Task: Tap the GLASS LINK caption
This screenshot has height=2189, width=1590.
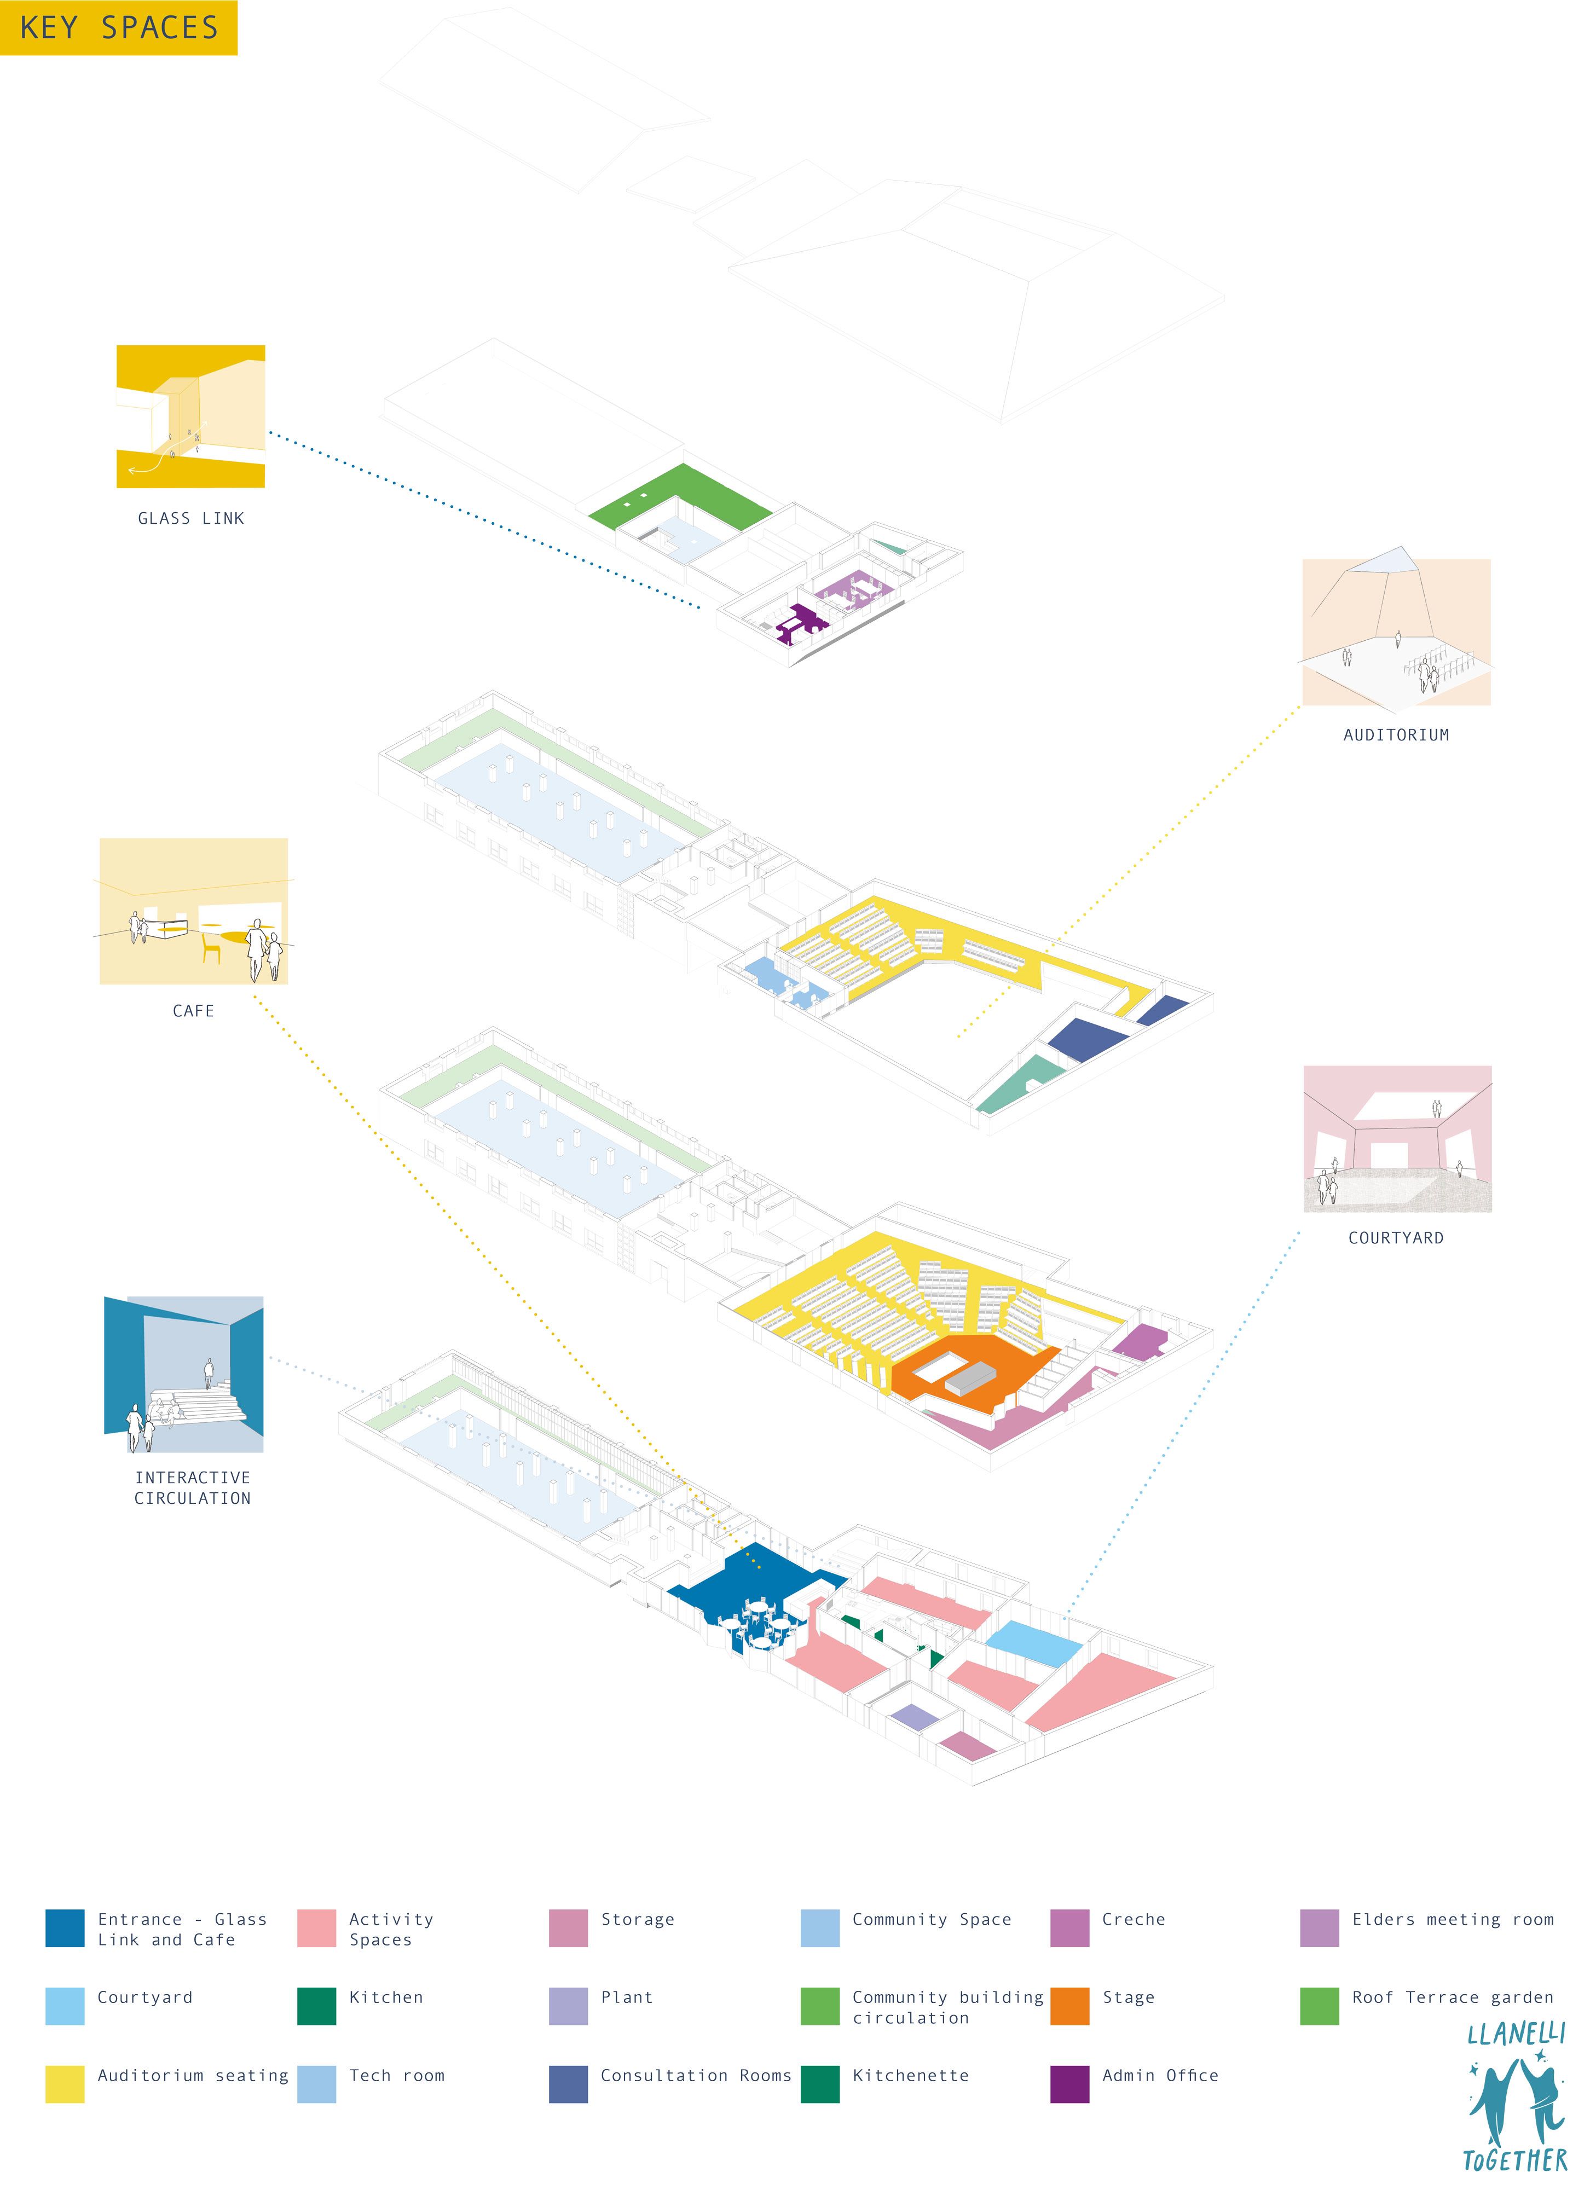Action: (191, 518)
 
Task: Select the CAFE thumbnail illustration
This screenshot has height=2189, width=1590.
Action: (193, 911)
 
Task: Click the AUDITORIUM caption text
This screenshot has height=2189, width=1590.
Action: (1396, 734)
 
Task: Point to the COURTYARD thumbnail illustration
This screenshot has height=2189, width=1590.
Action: (1397, 1139)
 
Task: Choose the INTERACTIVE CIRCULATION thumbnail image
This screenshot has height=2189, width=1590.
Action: (183, 1374)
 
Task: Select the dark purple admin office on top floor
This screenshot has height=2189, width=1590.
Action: (799, 623)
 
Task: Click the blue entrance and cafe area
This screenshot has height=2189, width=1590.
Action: (748, 1592)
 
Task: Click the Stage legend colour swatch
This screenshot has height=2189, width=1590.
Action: (1069, 2007)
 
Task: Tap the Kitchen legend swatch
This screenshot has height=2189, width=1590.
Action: (317, 2007)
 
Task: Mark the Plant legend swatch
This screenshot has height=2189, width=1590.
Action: (568, 2007)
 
